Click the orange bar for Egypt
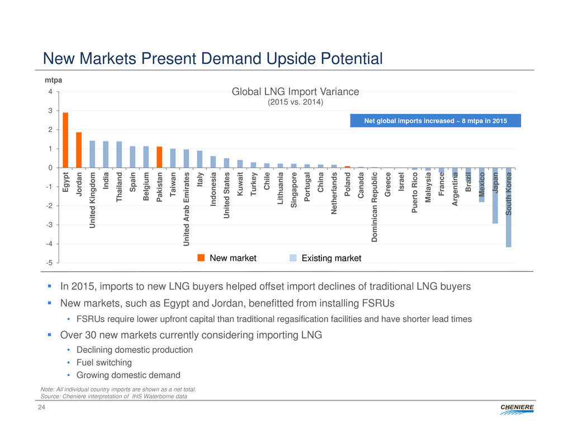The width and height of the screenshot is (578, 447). coord(65,140)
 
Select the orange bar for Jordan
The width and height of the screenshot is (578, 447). coord(79,149)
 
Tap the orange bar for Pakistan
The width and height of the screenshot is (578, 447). coord(159,157)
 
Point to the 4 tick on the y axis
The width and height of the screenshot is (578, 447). coord(50,92)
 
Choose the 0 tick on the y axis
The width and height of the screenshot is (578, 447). coord(50,168)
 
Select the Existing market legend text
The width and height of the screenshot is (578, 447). coord(331,258)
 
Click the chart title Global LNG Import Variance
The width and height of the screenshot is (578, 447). coord(295,92)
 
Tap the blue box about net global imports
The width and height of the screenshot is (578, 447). coord(435,121)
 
